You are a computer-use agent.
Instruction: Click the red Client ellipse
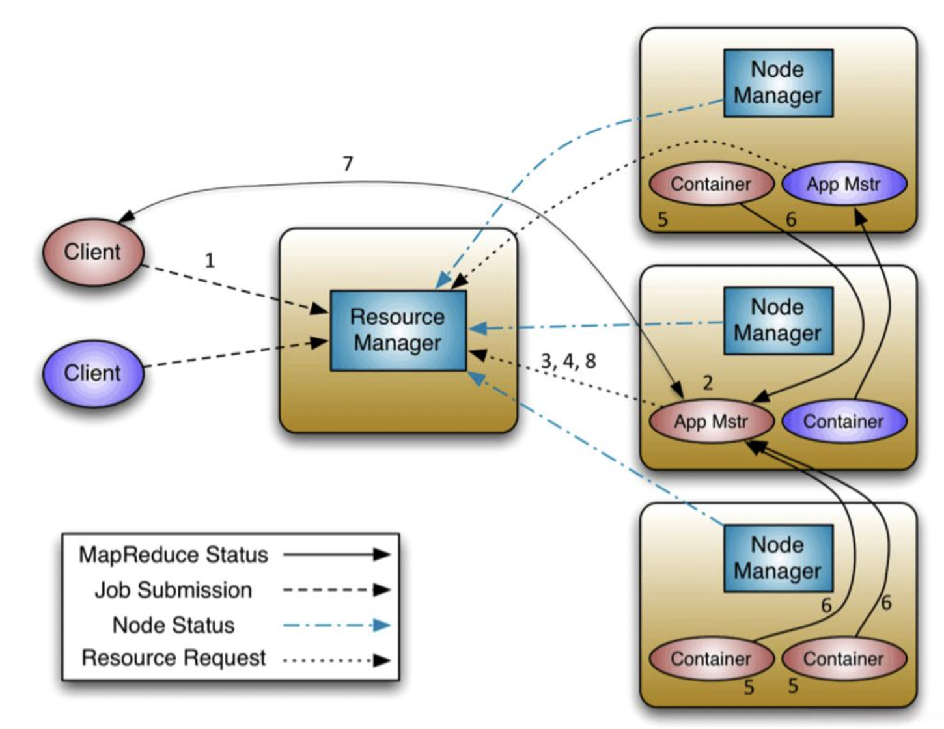tap(92, 252)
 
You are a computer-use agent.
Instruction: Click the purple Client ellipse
tap(92, 373)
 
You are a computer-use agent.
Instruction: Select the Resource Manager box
tap(398, 330)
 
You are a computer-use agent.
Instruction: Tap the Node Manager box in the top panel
tap(778, 83)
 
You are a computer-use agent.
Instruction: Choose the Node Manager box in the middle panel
tap(778, 320)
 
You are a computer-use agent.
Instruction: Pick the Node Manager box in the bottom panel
tap(778, 558)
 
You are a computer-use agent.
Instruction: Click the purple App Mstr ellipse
tap(844, 184)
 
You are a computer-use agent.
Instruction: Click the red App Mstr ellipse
tap(711, 422)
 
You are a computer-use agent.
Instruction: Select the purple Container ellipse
tap(844, 422)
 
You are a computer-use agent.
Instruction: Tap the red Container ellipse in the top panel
tap(711, 184)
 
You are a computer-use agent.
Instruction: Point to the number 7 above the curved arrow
tap(348, 163)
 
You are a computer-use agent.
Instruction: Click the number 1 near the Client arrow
tap(210, 260)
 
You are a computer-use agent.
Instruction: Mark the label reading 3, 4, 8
tap(568, 361)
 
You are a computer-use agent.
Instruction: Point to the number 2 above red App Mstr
tap(708, 383)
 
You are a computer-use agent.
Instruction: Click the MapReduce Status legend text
tap(173, 555)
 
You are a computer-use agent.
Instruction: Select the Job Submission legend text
tap(173, 590)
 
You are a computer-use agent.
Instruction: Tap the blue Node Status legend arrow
tap(337, 626)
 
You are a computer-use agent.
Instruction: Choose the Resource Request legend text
tap(174, 658)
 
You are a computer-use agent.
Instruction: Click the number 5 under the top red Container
tap(663, 219)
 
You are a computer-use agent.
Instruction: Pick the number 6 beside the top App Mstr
tap(791, 219)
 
